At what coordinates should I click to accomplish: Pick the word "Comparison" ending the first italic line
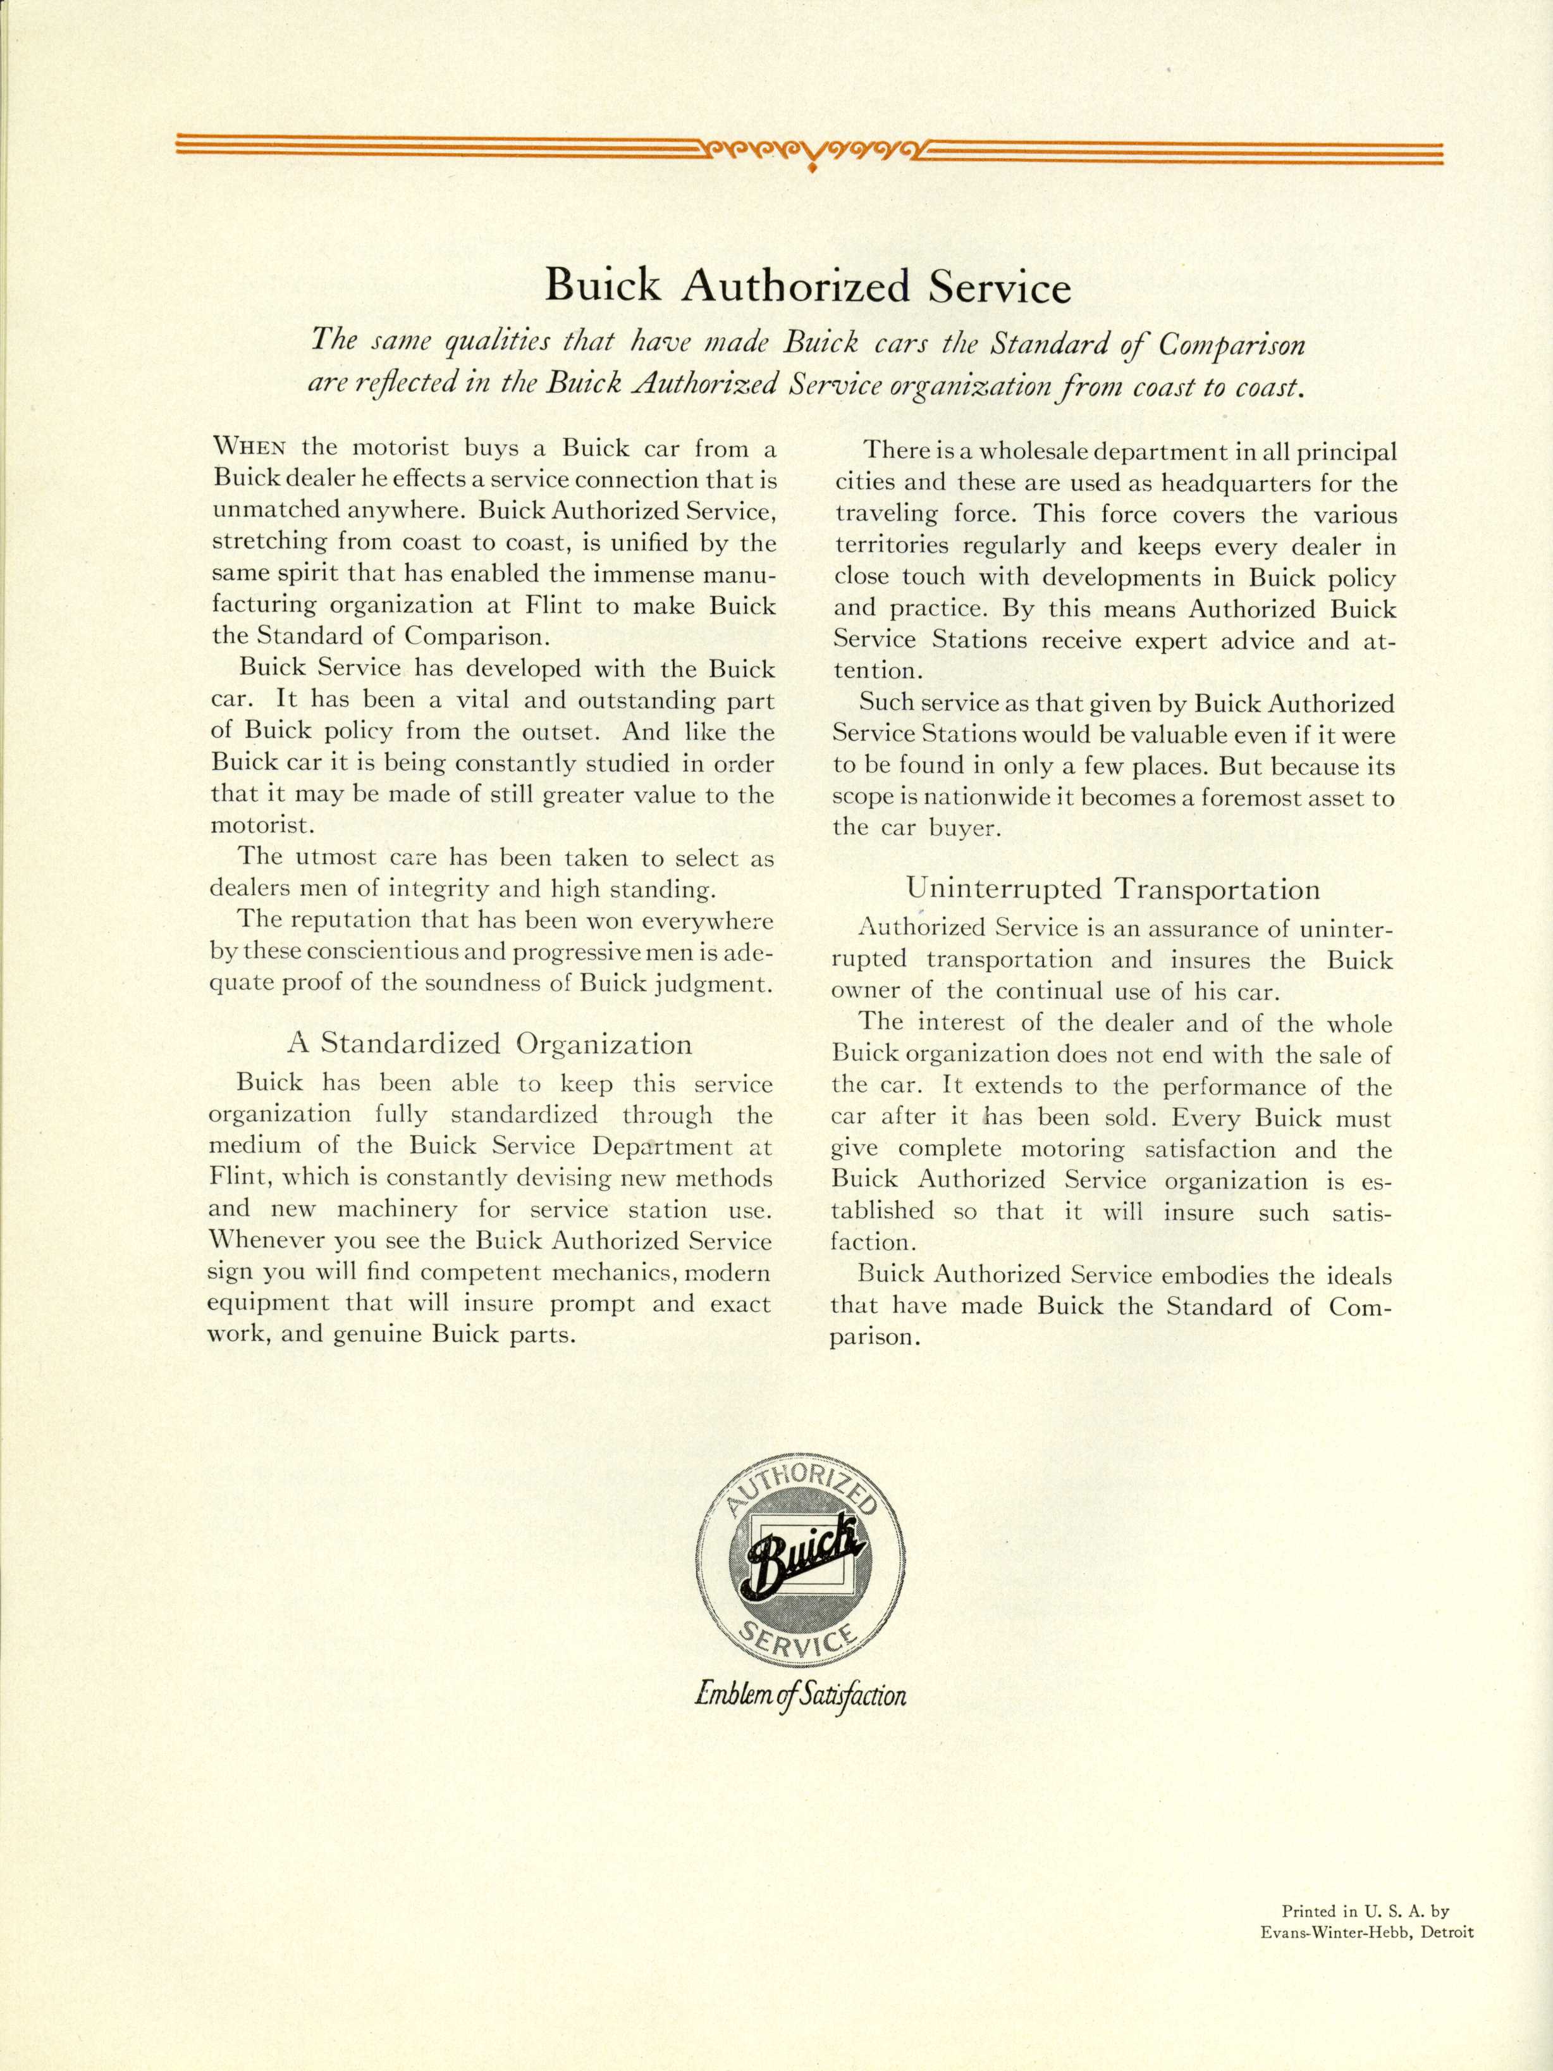pyautogui.click(x=1234, y=345)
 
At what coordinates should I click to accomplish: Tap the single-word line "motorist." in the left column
pyautogui.click(x=254, y=825)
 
